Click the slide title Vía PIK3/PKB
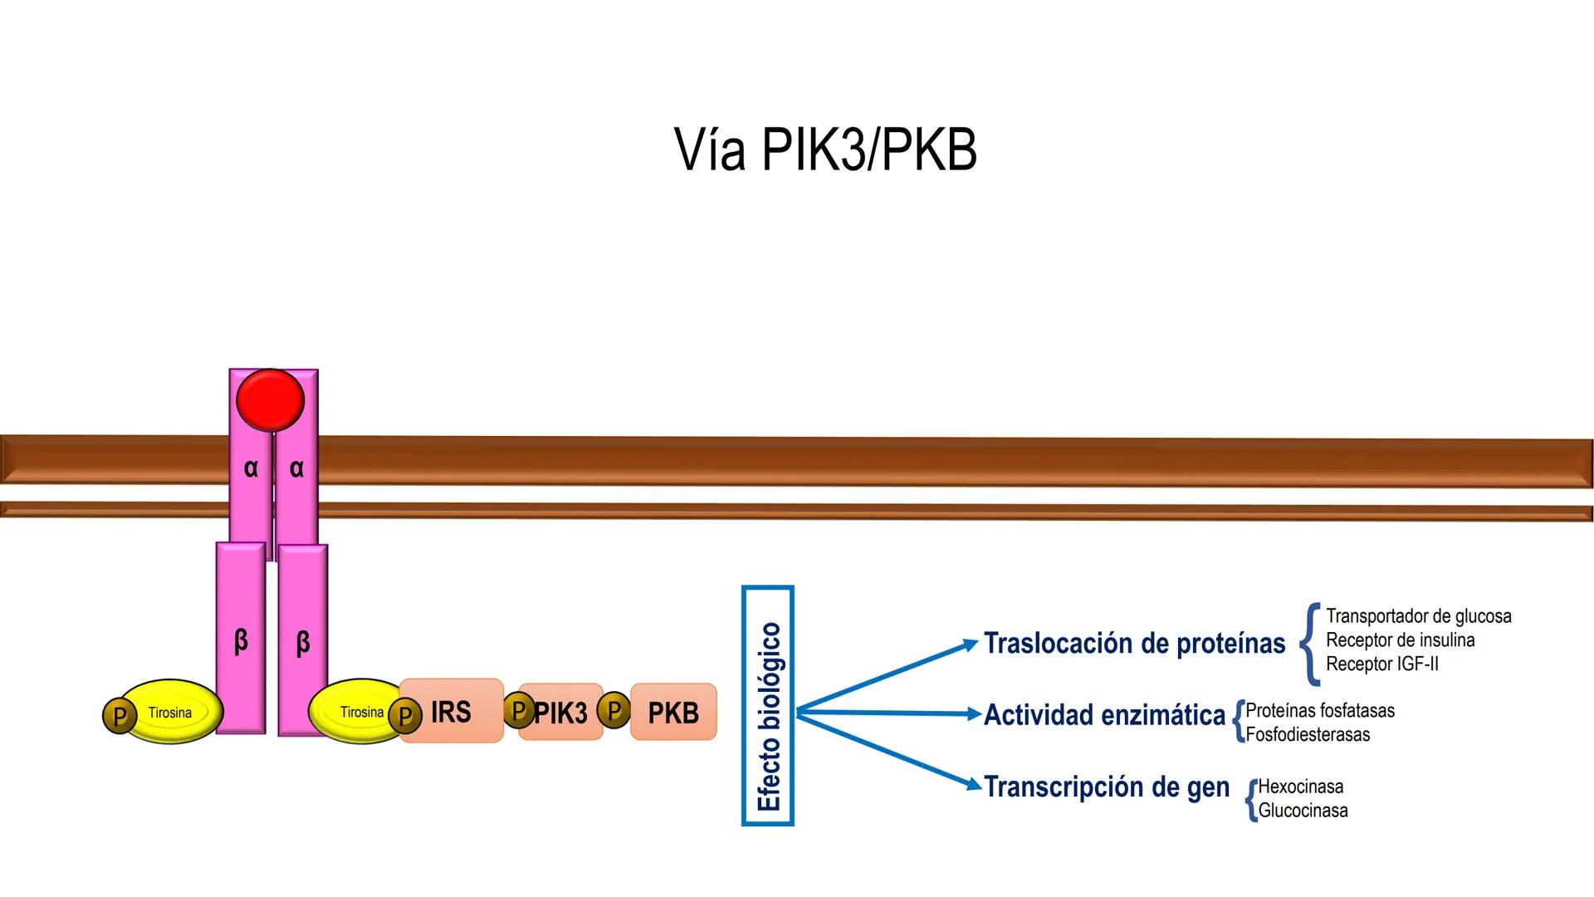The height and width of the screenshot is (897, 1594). [825, 150]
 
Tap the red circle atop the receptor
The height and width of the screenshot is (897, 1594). [270, 399]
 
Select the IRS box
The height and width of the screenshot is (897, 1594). [452, 712]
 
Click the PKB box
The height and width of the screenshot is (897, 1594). [673, 713]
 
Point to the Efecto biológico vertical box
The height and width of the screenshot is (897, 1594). [768, 706]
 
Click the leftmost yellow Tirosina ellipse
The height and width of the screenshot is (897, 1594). [172, 712]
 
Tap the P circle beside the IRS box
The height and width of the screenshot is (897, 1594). [405, 715]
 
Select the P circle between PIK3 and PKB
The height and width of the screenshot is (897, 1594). [614, 710]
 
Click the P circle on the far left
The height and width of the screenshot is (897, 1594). [120, 715]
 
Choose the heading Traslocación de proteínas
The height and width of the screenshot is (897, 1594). [1134, 644]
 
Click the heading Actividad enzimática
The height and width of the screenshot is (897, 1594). [1104, 715]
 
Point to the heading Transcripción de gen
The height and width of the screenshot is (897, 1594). [1107, 787]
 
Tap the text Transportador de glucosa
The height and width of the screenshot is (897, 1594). [1418, 616]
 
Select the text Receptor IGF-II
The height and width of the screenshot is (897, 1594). [1382, 664]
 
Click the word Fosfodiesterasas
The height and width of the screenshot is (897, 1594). [1308, 734]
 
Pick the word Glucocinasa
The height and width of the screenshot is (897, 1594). [1303, 811]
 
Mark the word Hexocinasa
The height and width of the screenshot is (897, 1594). [1300, 787]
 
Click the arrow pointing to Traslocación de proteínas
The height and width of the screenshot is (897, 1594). [888, 676]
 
